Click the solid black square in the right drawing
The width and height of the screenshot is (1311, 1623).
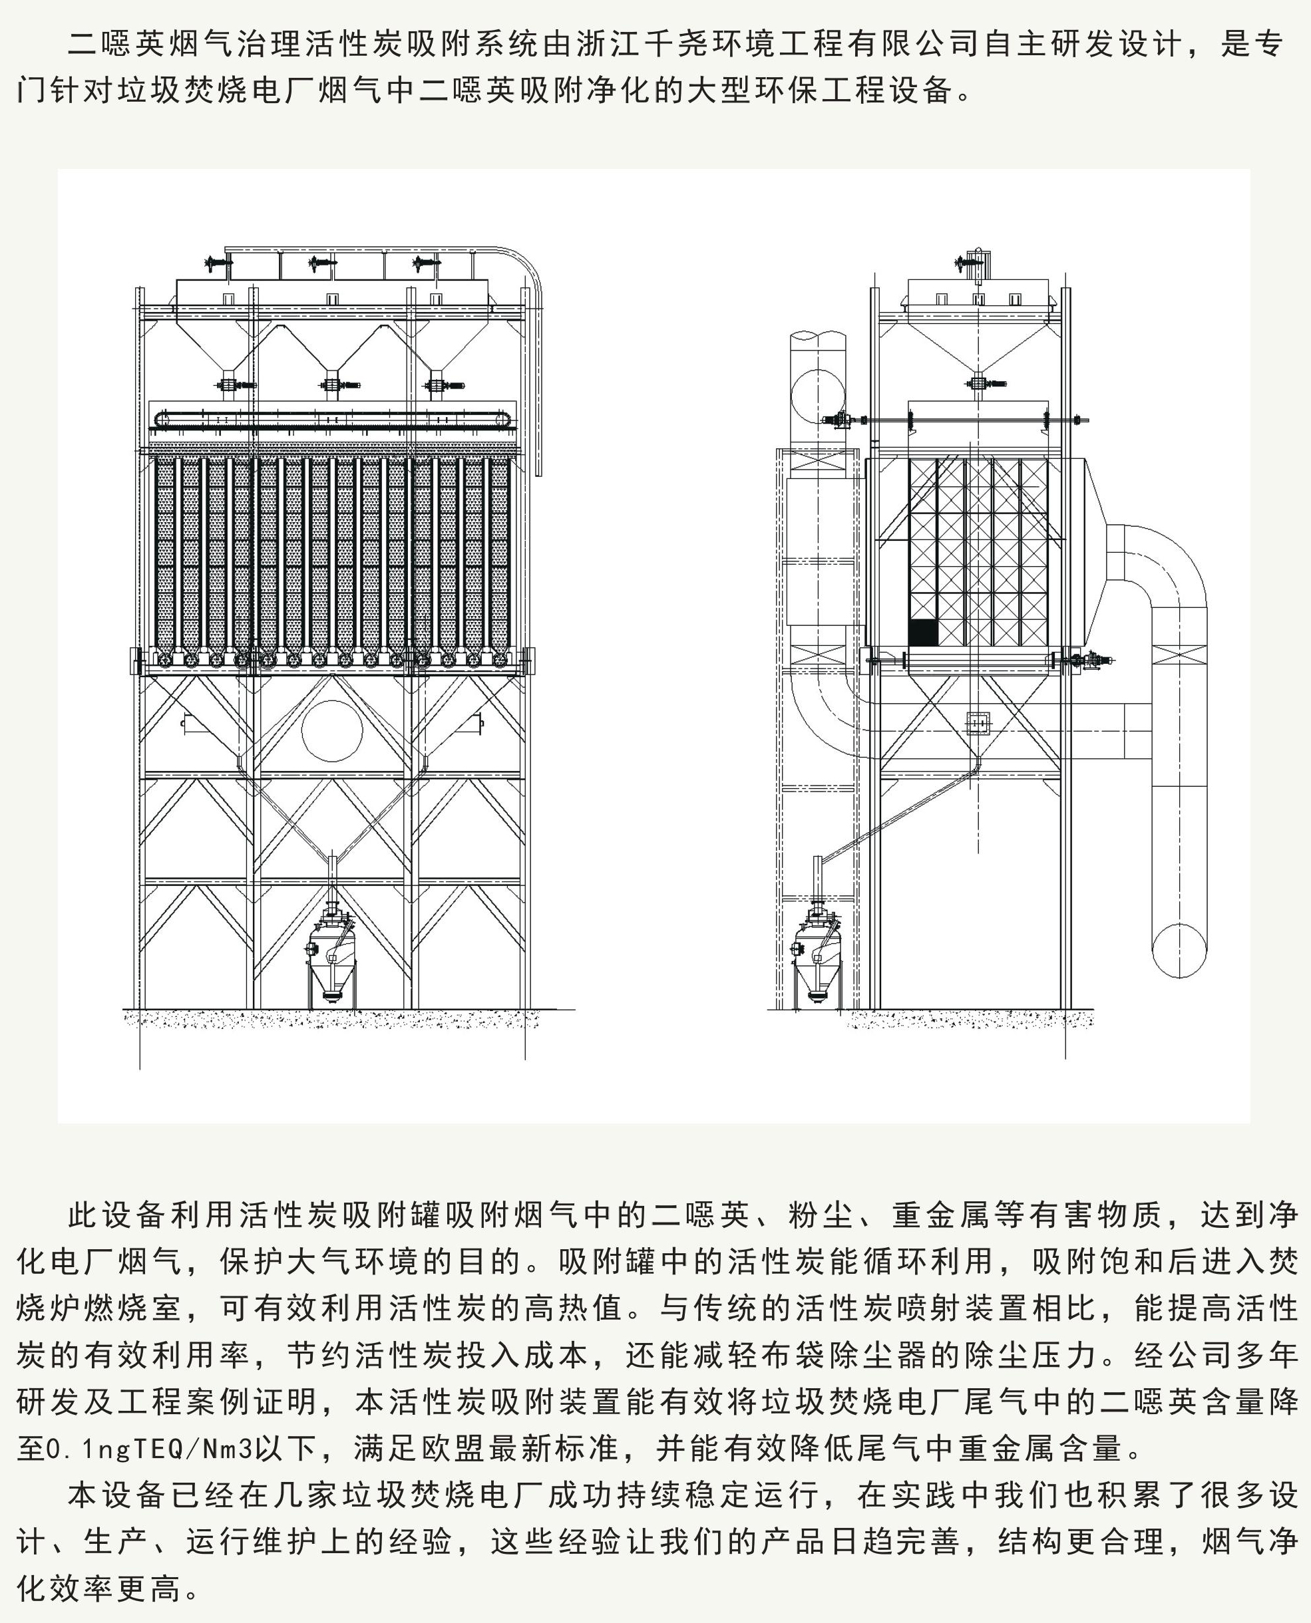tap(922, 633)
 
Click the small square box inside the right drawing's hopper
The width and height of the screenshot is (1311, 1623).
tap(978, 722)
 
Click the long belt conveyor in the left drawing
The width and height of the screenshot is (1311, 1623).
tap(332, 420)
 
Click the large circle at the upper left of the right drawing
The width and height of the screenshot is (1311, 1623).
tap(818, 397)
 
